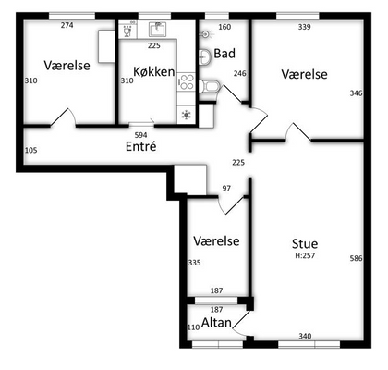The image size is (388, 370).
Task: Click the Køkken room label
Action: click(x=154, y=71)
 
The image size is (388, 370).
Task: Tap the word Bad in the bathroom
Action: click(x=224, y=54)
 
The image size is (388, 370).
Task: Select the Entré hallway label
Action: click(x=141, y=146)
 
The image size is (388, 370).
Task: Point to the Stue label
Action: click(x=305, y=243)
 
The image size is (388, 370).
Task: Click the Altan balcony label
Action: click(x=216, y=323)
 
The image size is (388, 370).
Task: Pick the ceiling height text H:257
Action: click(x=305, y=255)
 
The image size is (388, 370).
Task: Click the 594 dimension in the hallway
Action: click(x=141, y=135)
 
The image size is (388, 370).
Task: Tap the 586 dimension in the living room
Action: click(x=356, y=258)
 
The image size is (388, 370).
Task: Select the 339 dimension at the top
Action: click(x=305, y=27)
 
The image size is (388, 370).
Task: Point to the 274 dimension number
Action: click(x=67, y=25)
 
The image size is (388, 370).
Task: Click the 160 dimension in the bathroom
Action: click(x=224, y=27)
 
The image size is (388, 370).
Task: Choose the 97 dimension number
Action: click(x=226, y=188)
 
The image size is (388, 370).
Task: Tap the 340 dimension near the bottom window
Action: click(x=305, y=336)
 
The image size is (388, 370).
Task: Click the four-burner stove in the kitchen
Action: click(x=186, y=81)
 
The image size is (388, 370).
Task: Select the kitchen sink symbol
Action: click(x=158, y=29)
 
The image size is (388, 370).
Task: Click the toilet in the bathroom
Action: click(x=209, y=86)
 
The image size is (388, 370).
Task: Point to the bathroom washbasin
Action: click(x=204, y=57)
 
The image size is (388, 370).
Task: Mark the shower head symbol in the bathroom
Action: click(x=206, y=34)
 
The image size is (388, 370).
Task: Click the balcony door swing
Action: click(x=241, y=325)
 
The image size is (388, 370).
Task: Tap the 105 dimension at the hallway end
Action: click(x=31, y=150)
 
